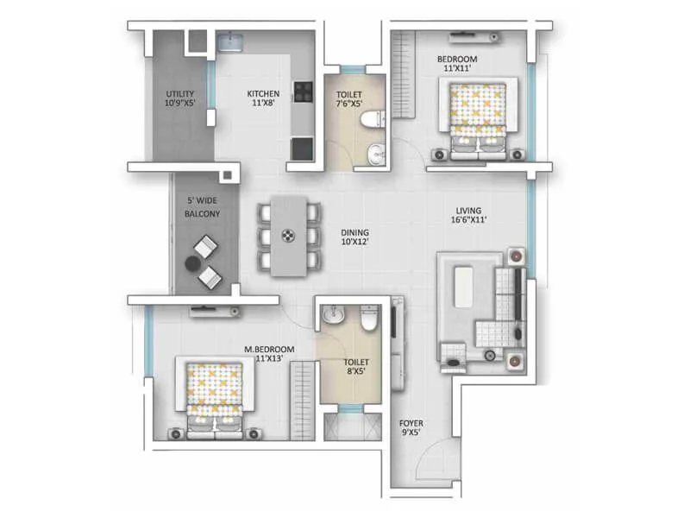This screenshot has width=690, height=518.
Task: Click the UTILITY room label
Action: pyautogui.click(x=181, y=98)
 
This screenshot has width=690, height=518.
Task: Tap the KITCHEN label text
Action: pyautogui.click(x=263, y=98)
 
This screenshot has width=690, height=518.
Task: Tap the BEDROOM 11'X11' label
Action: pyautogui.click(x=457, y=63)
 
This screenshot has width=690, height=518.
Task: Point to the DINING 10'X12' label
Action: pyautogui.click(x=354, y=237)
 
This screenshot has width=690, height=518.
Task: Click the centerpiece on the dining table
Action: pyautogui.click(x=289, y=234)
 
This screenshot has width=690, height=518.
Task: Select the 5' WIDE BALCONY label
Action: pyautogui.click(x=203, y=207)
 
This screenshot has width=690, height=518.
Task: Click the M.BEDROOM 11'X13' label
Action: pyautogui.click(x=270, y=354)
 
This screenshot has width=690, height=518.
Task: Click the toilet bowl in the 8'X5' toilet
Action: pyautogui.click(x=368, y=320)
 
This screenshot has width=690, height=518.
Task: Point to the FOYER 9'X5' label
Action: pyautogui.click(x=410, y=427)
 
